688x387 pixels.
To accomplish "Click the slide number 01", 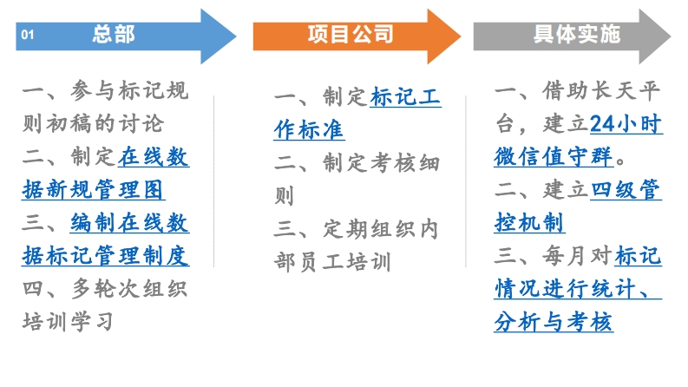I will coord(26,36).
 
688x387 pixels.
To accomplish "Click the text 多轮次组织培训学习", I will coord(104,305).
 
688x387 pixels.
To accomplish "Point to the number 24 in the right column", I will coord(602,125).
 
